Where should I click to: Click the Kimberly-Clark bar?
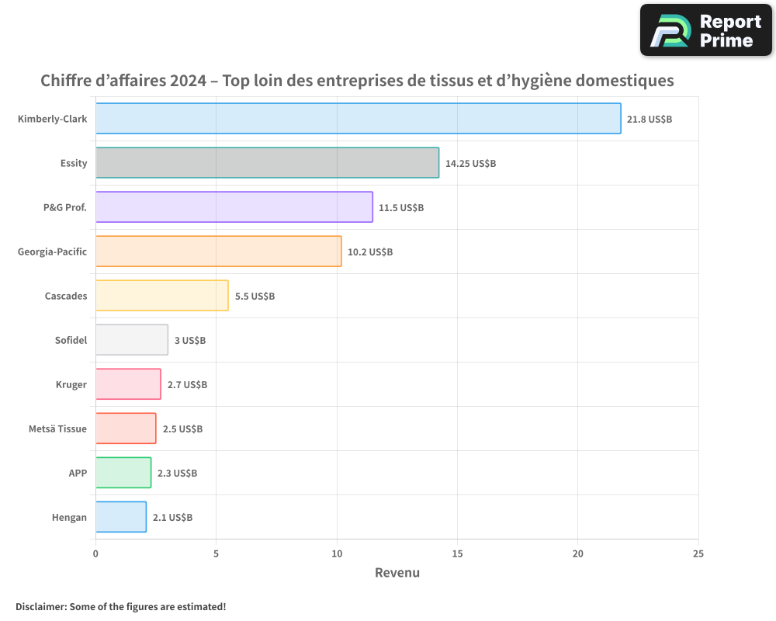point(358,119)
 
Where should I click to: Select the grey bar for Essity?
point(267,163)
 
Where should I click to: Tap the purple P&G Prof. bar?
point(234,207)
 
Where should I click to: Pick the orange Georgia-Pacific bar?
point(218,252)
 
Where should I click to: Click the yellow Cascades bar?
point(161,296)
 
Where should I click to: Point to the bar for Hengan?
point(120,517)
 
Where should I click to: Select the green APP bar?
point(123,473)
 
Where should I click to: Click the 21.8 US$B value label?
point(650,120)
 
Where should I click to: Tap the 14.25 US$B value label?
point(470,164)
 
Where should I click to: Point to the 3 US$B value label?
point(190,341)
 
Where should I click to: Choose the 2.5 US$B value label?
point(182,429)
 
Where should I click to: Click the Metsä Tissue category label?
point(57,429)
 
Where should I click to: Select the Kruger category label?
point(71,385)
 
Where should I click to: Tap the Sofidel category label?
point(71,341)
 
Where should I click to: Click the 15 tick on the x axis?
point(457,553)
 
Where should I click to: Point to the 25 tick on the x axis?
point(698,553)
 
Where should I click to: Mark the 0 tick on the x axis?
point(95,553)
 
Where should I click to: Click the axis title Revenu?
point(397,573)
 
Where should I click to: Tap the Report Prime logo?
point(706,30)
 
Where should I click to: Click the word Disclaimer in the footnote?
point(40,606)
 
